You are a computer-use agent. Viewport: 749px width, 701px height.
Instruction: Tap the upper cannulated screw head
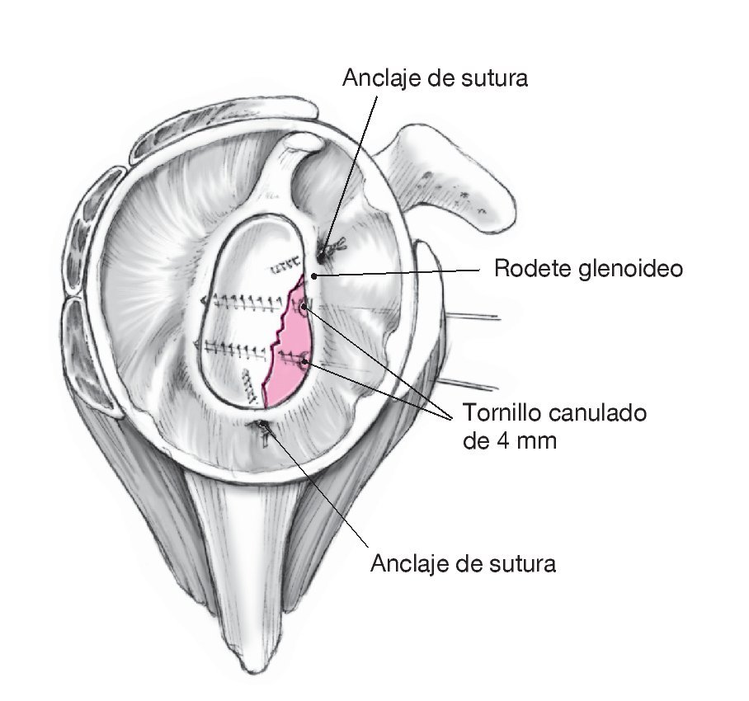[x=305, y=308]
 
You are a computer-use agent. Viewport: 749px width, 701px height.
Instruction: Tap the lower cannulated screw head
[x=304, y=360]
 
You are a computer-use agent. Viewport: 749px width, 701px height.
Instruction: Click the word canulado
[x=601, y=412]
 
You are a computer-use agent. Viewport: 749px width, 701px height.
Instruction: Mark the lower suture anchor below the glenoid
[x=263, y=426]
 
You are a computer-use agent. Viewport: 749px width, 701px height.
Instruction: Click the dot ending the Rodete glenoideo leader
[x=314, y=275]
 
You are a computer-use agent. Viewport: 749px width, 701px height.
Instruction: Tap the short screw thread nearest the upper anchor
[x=285, y=266]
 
